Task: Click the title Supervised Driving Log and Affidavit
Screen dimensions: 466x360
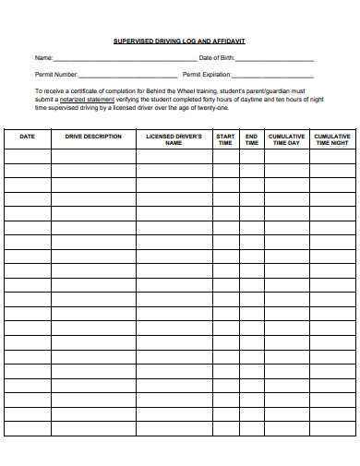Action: pos(179,42)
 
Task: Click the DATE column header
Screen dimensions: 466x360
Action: pos(28,137)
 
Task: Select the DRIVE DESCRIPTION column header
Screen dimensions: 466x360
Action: pos(93,137)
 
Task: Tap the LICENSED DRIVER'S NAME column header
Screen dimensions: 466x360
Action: pos(174,139)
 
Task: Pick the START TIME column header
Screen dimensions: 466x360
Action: pos(225,139)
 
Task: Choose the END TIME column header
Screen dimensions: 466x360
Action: pos(251,139)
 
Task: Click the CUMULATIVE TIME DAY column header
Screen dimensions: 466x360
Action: pos(286,139)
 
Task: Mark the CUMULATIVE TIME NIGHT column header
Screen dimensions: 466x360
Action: pos(331,139)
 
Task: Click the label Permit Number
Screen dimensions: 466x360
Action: pos(56,75)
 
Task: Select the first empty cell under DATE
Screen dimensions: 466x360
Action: pos(28,157)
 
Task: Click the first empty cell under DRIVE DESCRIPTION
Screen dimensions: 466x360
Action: pos(93,157)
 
